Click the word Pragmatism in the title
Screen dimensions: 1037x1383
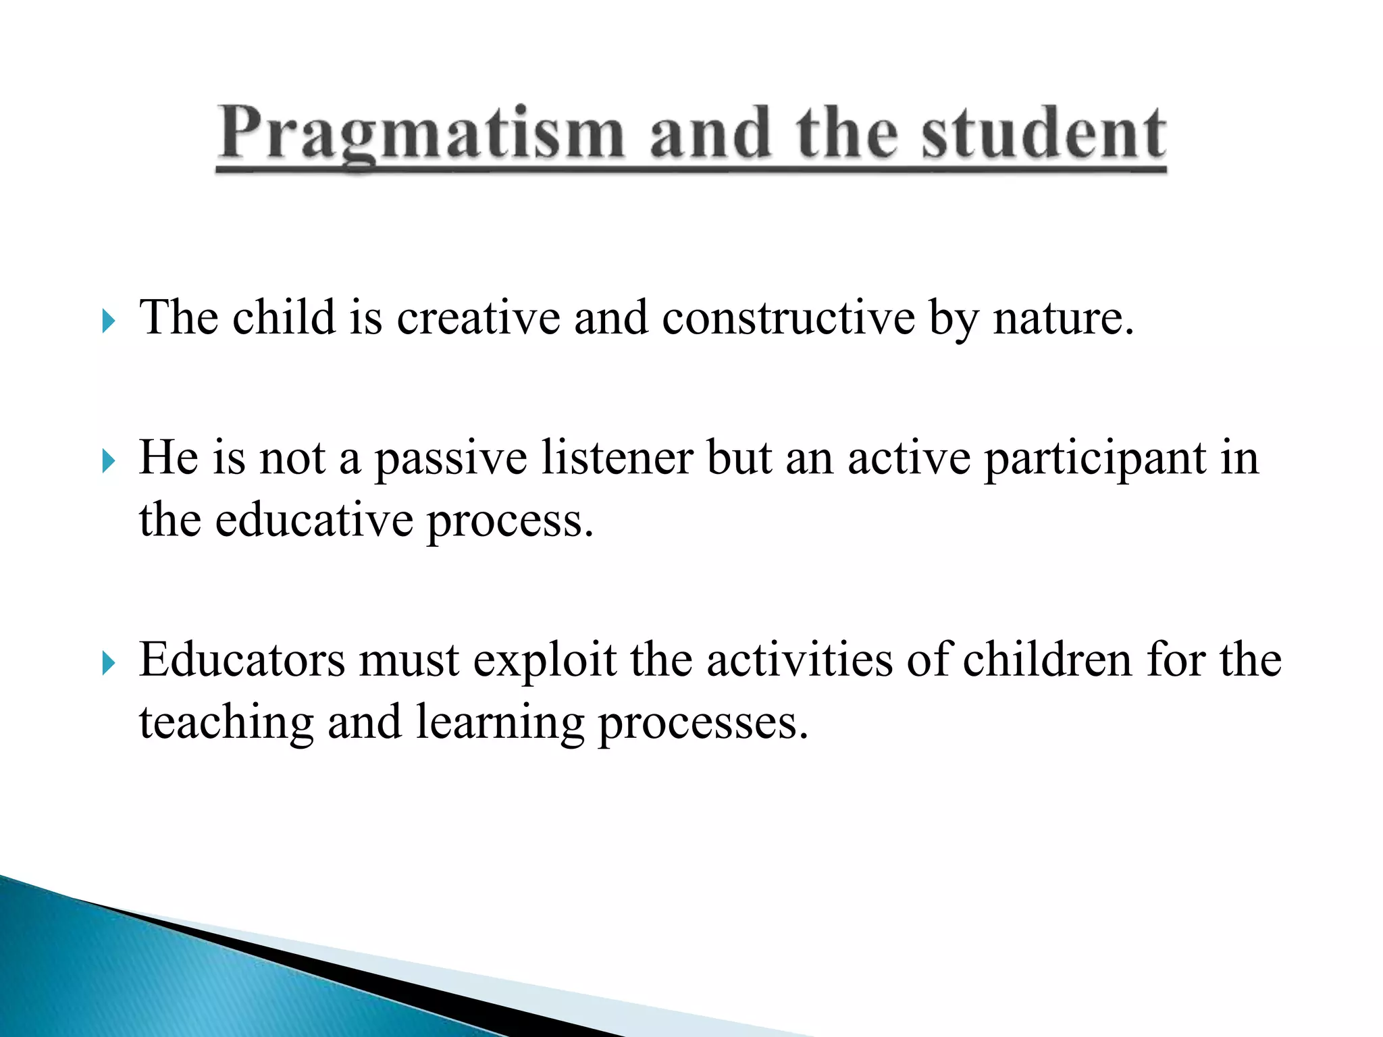click(420, 133)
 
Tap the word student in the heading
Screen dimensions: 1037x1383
click(1043, 133)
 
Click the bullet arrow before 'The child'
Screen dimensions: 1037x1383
click(108, 321)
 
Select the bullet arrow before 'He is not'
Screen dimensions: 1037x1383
click(108, 462)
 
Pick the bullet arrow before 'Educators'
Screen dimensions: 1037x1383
click(108, 664)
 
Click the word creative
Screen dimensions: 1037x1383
click(478, 317)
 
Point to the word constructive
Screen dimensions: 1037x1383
click(788, 317)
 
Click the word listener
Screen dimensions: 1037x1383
click(617, 458)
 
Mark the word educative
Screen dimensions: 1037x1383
click(314, 520)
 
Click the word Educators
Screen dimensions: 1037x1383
click(242, 660)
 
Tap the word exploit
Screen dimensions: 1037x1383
click(544, 660)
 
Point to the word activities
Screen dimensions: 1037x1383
click(800, 660)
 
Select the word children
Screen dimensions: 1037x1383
click(1047, 660)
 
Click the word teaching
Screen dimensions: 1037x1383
click(226, 722)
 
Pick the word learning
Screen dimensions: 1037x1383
click(500, 722)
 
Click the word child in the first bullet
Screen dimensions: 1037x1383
click(284, 317)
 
